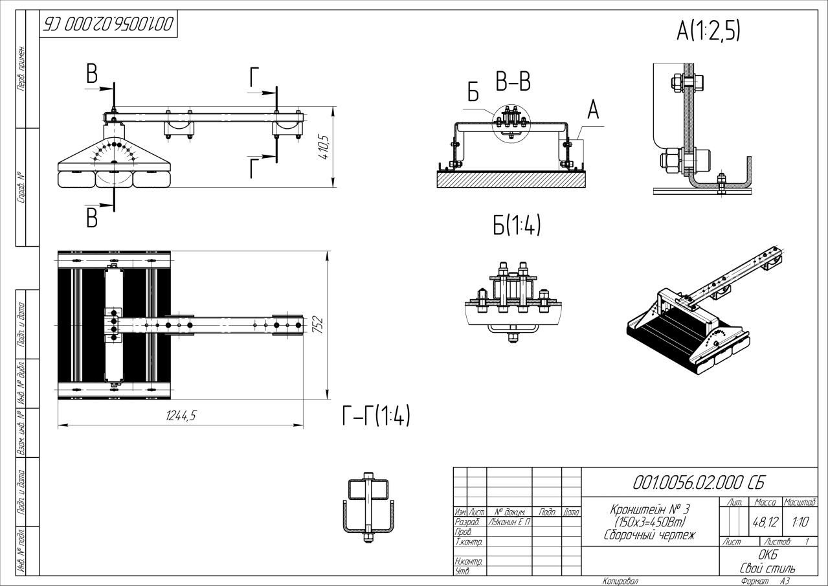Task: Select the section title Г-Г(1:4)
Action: point(375,416)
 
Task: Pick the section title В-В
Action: point(513,82)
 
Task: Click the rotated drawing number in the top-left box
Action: point(108,25)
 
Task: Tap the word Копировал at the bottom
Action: point(620,581)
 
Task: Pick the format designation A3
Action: point(785,581)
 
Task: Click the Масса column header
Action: point(765,502)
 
